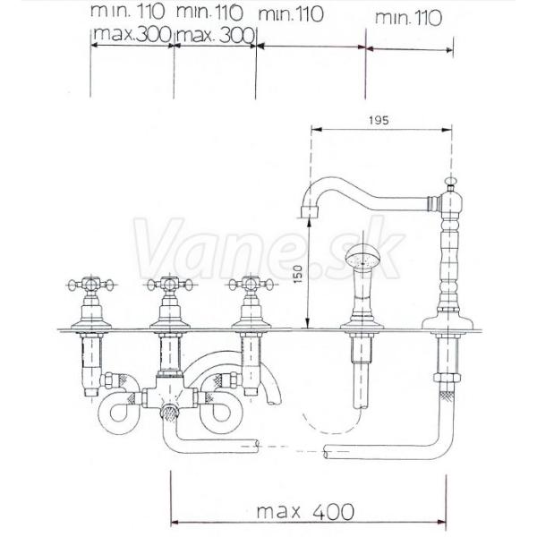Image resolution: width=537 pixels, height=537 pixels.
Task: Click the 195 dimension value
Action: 379,120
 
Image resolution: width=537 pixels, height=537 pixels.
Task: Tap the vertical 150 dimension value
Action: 298,274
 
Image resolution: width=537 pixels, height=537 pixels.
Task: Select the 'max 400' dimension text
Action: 305,512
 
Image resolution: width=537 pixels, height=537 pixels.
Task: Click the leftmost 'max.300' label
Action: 132,34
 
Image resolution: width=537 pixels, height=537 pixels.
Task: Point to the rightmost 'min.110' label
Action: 408,18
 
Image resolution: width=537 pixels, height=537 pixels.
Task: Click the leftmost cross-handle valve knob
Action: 90,285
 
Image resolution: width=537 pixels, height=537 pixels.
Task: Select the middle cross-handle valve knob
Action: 170,285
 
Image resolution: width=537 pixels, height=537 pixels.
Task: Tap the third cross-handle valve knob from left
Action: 251,285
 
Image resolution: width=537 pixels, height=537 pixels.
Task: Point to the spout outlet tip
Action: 310,212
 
